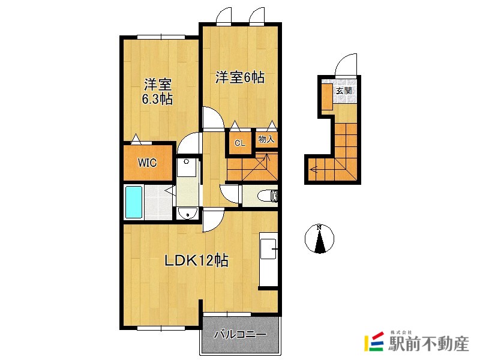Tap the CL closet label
tap(239, 143)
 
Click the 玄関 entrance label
tap(343, 91)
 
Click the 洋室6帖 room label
tap(240, 77)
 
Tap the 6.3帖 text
tap(157, 100)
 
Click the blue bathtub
tap(133, 202)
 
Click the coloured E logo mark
tap(374, 341)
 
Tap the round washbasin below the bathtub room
tap(187, 213)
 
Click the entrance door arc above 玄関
tap(347, 66)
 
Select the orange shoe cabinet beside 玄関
tap(326, 97)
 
